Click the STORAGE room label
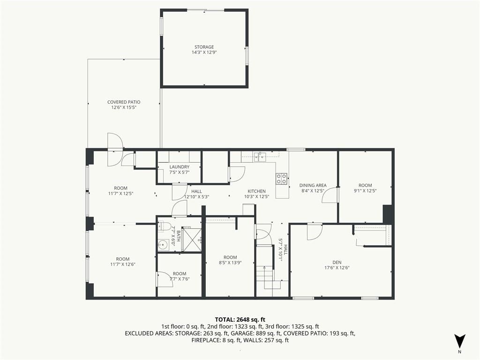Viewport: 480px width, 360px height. tap(204, 47)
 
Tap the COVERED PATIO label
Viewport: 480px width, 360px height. tap(124, 102)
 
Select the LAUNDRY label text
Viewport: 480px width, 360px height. tap(180, 167)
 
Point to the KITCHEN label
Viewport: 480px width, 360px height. tap(256, 191)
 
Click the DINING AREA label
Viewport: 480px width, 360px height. tap(313, 185)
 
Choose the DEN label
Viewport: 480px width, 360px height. tap(337, 262)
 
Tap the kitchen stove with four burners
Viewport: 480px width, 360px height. tap(282, 179)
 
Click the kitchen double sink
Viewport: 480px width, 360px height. tap(259, 157)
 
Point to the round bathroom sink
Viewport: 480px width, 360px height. tap(164, 245)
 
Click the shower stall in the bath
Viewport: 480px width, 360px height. tap(191, 240)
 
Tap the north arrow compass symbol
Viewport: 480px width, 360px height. tap(459, 342)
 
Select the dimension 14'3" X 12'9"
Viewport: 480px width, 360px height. tap(204, 52)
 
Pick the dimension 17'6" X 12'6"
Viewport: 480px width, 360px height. tap(337, 268)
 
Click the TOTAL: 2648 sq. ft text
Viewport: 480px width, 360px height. tap(240, 320)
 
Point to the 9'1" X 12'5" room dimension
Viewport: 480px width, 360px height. tap(365, 191)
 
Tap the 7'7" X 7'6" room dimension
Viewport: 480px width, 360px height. tap(180, 279)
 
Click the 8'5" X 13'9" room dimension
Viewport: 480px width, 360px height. tap(230, 262)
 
